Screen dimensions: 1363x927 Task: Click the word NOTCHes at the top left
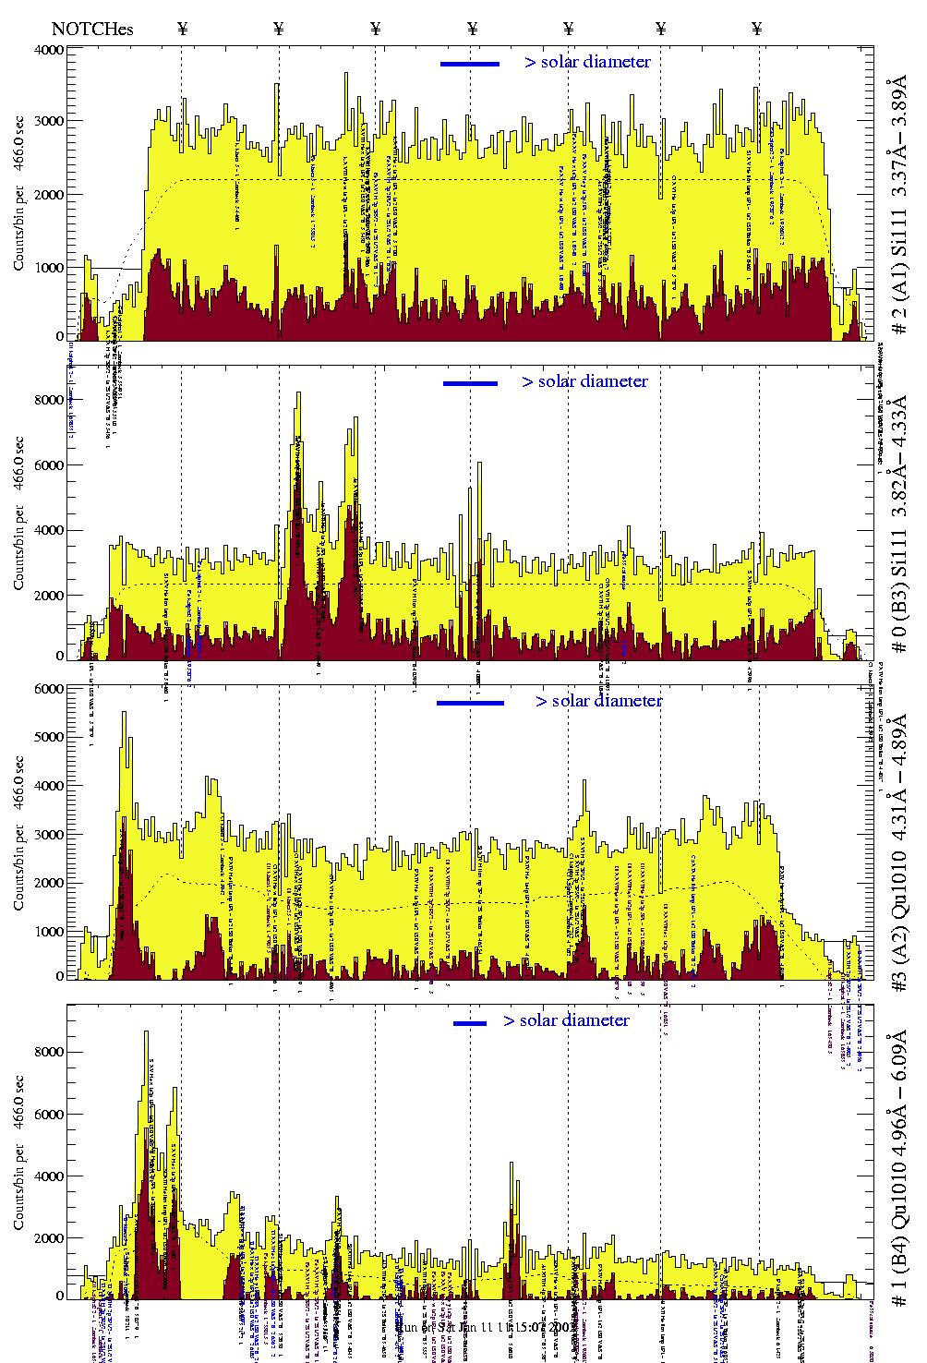[92, 29]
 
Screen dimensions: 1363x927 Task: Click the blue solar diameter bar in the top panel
[470, 64]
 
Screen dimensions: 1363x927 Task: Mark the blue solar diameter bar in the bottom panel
[470, 1023]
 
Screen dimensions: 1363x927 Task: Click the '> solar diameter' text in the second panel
[584, 381]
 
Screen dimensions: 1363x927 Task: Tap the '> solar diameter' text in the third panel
[598, 701]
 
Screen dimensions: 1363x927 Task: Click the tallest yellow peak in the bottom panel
[146, 1034]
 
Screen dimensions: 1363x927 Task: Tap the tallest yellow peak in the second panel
[298, 395]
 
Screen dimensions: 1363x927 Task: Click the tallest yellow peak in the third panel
[124, 715]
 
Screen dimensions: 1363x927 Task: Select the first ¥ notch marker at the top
[182, 29]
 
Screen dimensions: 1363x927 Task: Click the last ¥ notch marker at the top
[757, 29]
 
